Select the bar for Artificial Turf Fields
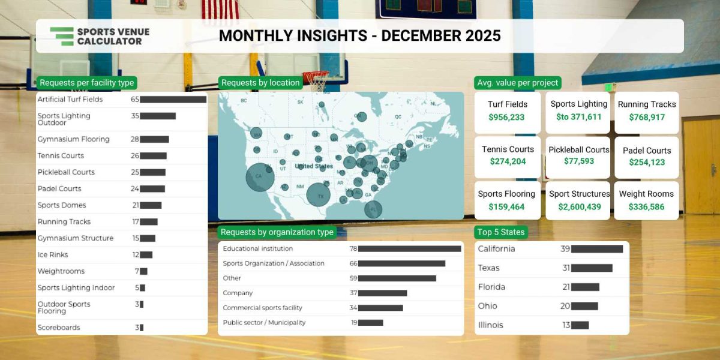pos(173,100)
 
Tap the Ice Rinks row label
pos(53,255)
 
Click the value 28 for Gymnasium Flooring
pos(135,139)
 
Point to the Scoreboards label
pos(59,328)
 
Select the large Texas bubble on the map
pos(319,194)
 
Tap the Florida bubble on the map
pos(373,209)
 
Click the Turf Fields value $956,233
pos(506,118)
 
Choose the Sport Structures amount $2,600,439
pos(580,207)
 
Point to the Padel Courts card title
pos(647,151)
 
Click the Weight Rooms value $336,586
pos(646,207)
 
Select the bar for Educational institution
pos(409,248)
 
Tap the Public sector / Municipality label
pos(264,323)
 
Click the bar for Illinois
pos(580,325)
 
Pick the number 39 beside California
pos(565,249)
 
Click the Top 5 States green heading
pos(501,232)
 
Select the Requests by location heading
pos(260,83)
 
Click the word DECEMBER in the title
pos(420,35)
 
